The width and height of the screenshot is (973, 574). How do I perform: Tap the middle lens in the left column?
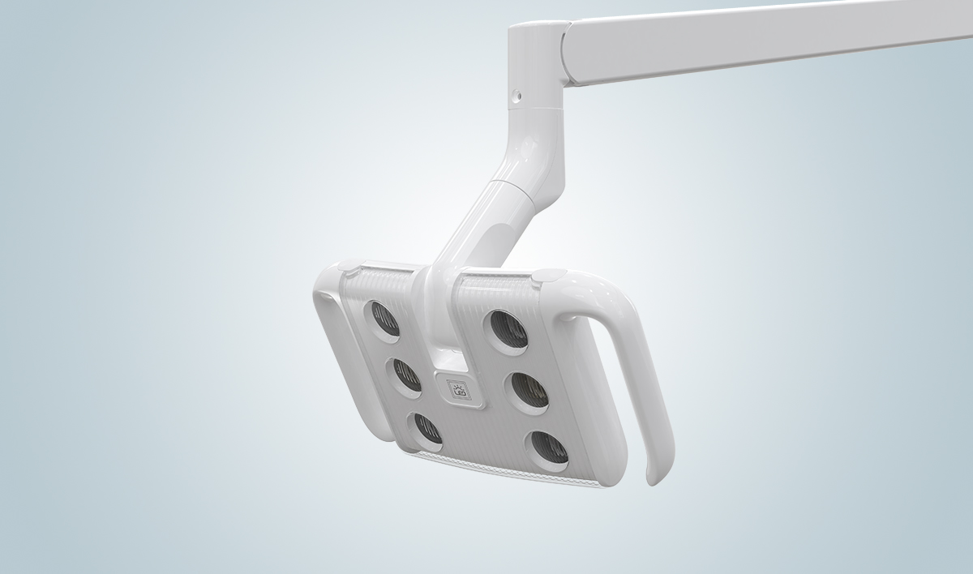pos(406,375)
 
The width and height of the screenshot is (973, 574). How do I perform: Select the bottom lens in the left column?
pos(426,430)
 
